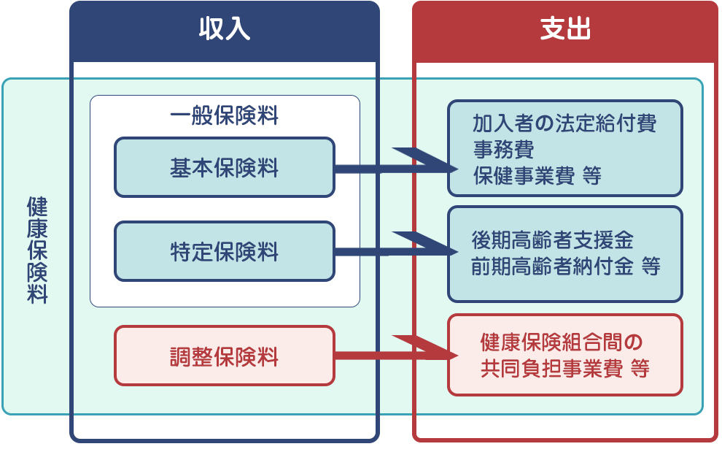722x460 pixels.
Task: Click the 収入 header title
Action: pos(225,30)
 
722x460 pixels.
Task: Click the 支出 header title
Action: pos(565,30)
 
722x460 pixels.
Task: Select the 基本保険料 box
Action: pos(225,168)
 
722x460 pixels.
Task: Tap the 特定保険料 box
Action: pos(225,253)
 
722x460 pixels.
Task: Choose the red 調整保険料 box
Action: pos(225,356)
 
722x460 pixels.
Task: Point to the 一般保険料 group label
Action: pos(225,116)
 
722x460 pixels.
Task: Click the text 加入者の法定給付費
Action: pos(564,123)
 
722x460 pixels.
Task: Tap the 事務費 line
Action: pos(503,150)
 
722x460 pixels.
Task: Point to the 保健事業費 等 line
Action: pos(536,177)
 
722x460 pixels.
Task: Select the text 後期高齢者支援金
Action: pos(552,239)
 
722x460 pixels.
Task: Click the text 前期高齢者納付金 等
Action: pos(565,267)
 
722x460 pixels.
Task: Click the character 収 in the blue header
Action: pos(211,30)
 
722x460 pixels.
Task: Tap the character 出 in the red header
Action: pos(578,30)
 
